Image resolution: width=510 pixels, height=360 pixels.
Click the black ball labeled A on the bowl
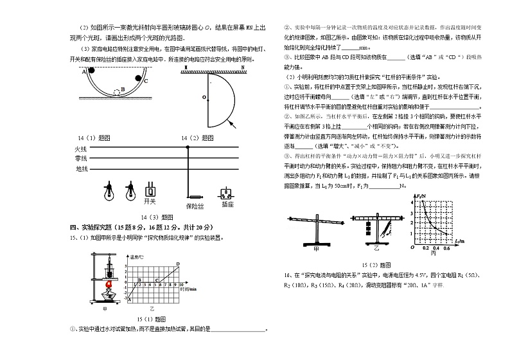pyautogui.click(x=92, y=70)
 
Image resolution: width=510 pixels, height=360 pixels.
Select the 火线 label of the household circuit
pyautogui.click(x=80, y=148)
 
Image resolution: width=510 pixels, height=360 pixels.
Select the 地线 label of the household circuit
pyautogui.click(x=80, y=169)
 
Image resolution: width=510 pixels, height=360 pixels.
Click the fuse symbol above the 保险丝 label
pyautogui.click(x=194, y=196)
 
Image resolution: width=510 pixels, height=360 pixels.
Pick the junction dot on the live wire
pyautogui.click(x=188, y=148)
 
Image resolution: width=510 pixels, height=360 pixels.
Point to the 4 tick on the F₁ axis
pyautogui.click(x=416, y=202)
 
